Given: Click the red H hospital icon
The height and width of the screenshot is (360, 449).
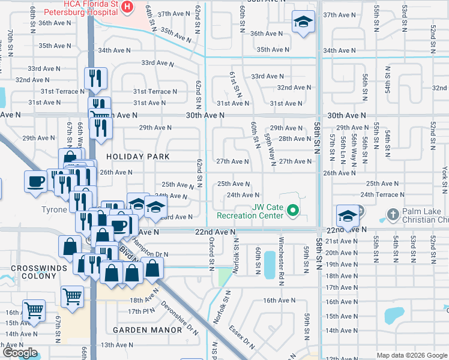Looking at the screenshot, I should tap(127, 7).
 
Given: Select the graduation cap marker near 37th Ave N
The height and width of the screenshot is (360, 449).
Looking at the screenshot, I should tap(303, 23).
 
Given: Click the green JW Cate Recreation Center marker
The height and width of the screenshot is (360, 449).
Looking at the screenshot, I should tap(292, 210).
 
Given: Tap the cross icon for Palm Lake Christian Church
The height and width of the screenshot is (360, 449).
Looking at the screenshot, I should tap(393, 214).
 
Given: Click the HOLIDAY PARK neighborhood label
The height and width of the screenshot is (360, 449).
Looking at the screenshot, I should tap(138, 157).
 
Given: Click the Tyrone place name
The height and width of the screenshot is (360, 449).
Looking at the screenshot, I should tap(53, 209).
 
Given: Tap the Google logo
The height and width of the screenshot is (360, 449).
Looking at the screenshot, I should tap(20, 353).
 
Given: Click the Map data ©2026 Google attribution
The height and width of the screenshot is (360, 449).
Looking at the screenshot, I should tap(411, 355).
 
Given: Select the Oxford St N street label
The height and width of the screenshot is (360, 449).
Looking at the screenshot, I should tap(211, 252).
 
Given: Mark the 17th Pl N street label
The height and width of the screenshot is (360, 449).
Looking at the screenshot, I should tap(142, 311).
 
